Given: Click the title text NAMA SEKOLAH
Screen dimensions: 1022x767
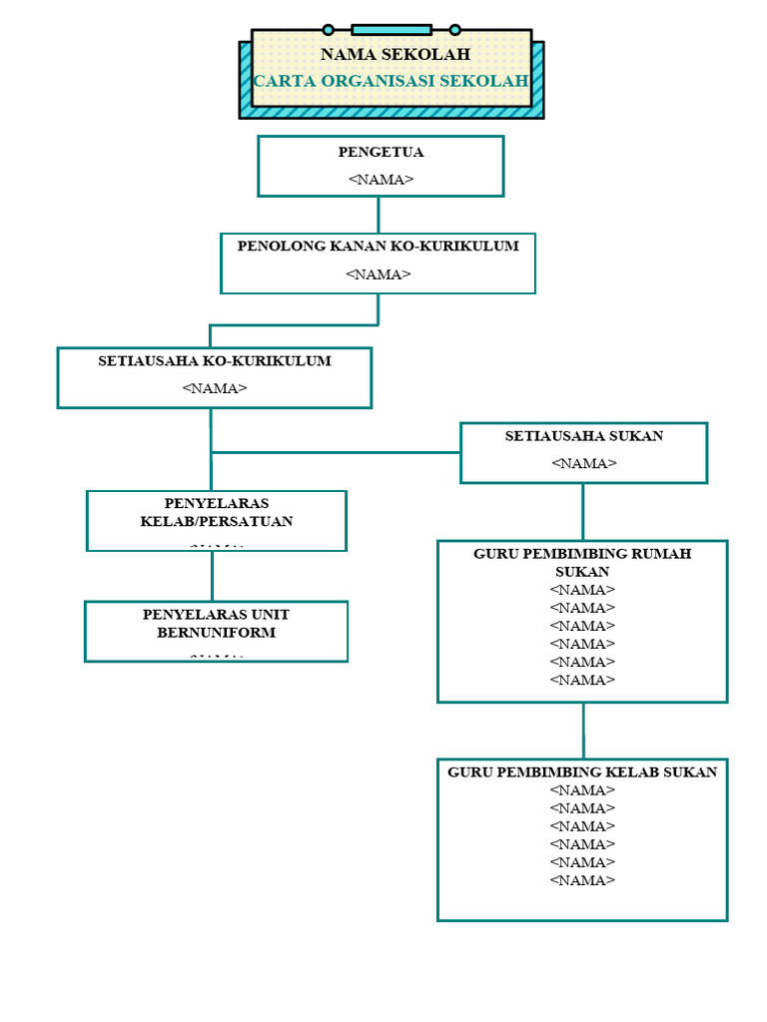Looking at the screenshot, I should (x=394, y=55).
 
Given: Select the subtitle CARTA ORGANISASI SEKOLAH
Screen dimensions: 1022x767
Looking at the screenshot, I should (x=390, y=81).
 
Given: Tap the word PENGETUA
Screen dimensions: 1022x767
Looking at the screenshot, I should (x=381, y=153).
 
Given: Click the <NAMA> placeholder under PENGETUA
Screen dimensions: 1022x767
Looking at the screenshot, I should (x=381, y=180).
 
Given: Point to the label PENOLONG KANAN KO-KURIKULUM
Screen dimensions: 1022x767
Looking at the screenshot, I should (x=378, y=247).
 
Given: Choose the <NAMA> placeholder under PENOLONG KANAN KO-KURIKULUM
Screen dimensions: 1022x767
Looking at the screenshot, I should (x=378, y=274).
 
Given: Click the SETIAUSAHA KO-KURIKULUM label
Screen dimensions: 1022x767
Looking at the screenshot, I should (x=214, y=361).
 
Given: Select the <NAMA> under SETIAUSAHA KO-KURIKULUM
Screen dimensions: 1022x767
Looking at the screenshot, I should (x=214, y=389).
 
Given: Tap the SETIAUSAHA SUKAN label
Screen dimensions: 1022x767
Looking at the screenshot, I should (x=583, y=436).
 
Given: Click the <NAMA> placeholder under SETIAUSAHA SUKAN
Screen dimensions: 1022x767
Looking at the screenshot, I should (x=583, y=463).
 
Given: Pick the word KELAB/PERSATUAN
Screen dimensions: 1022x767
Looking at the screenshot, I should (x=217, y=522).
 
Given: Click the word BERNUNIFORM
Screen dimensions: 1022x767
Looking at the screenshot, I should (x=216, y=633).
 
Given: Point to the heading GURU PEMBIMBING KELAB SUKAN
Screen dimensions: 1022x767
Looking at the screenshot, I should (x=582, y=772).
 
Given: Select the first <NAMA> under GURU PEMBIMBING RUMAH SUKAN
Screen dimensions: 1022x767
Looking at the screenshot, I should (x=582, y=590).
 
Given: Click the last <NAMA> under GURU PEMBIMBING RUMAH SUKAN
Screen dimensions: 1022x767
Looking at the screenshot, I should (x=582, y=681).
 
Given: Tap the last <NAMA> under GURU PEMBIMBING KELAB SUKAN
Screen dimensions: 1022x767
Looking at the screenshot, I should (x=582, y=880).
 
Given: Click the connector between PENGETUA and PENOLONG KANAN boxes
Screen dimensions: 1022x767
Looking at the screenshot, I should (x=379, y=215).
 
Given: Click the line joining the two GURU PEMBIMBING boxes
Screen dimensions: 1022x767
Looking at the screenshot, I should (x=583, y=731).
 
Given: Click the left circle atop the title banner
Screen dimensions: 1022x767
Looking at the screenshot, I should (x=328, y=30).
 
